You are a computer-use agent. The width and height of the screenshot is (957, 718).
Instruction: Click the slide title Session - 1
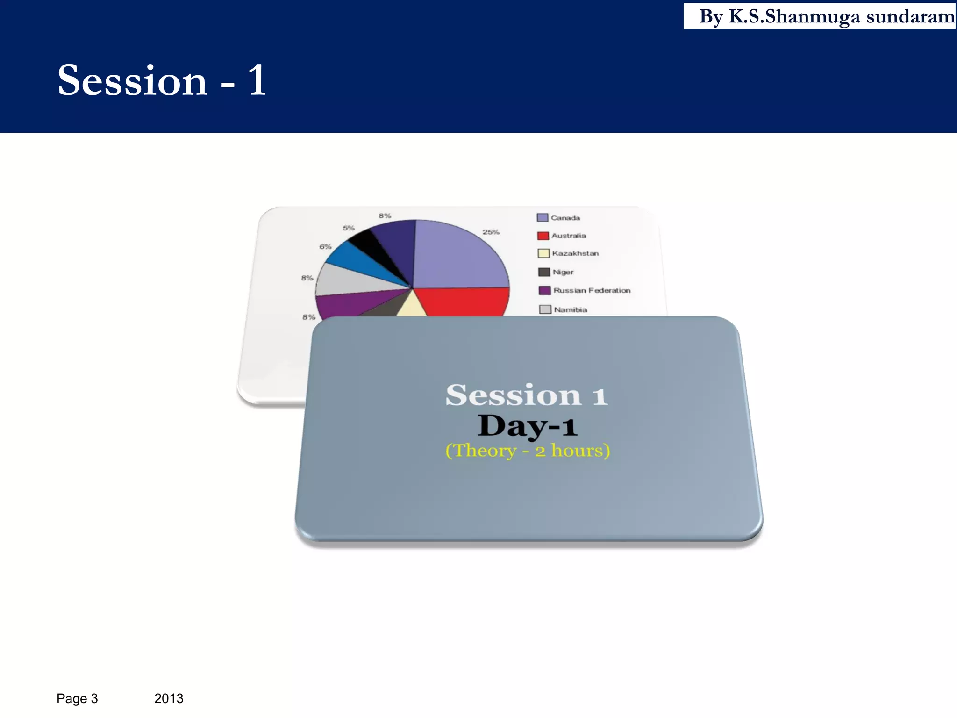pyautogui.click(x=162, y=80)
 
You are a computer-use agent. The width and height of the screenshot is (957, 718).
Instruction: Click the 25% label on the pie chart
pyautogui.click(x=491, y=232)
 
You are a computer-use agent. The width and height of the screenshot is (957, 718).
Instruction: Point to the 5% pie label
pyautogui.click(x=349, y=228)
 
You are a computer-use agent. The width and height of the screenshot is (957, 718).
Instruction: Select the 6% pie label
pyautogui.click(x=325, y=246)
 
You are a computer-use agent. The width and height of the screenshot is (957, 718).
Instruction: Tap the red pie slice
pyautogui.click(x=463, y=302)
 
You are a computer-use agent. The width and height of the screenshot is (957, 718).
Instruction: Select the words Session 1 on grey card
pyautogui.click(x=527, y=395)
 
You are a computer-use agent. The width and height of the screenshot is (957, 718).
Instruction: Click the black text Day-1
pyautogui.click(x=527, y=426)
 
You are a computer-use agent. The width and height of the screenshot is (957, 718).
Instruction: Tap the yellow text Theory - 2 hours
pyautogui.click(x=528, y=451)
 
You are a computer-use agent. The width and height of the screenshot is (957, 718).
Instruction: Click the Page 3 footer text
pyautogui.click(x=77, y=698)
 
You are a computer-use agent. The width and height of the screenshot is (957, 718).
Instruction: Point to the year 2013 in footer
pyautogui.click(x=169, y=698)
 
